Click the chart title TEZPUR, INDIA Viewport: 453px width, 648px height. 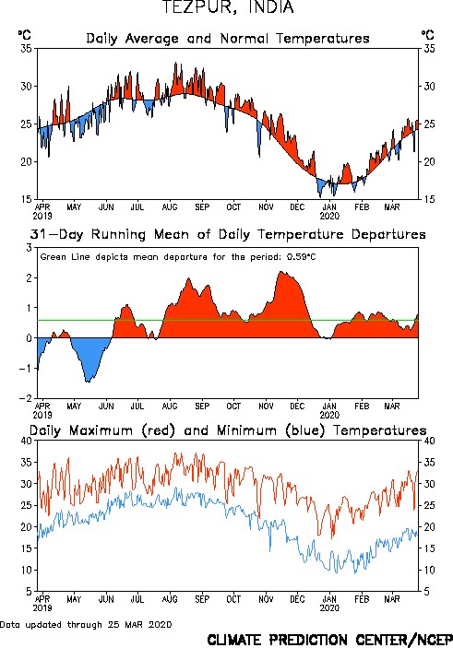pos(227,7)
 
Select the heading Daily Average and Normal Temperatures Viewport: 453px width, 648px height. pos(228,39)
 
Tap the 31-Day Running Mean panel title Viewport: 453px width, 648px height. pos(228,234)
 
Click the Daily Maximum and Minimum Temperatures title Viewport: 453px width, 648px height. pos(228,430)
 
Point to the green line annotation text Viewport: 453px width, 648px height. pos(178,257)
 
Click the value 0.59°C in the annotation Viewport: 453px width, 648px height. pos(302,257)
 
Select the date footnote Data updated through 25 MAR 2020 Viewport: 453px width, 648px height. pos(86,624)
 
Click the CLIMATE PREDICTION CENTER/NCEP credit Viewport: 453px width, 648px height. pos(329,640)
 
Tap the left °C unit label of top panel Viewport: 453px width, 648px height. pos(24,35)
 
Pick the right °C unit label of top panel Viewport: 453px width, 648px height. pos(428,35)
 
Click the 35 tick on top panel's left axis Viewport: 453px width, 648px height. pos(26,49)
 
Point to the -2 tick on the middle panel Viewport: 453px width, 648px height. pos(26,398)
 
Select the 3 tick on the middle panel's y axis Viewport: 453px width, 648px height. pos(29,248)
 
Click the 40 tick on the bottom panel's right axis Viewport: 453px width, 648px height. pos(429,441)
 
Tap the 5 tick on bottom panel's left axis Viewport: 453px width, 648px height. pos(29,592)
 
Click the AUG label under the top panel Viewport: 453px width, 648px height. pos(170,207)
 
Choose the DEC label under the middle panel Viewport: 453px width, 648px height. pos(297,406)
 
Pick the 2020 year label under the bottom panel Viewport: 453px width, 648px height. pos(329,608)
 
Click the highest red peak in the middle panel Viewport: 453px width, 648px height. pos(281,272)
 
